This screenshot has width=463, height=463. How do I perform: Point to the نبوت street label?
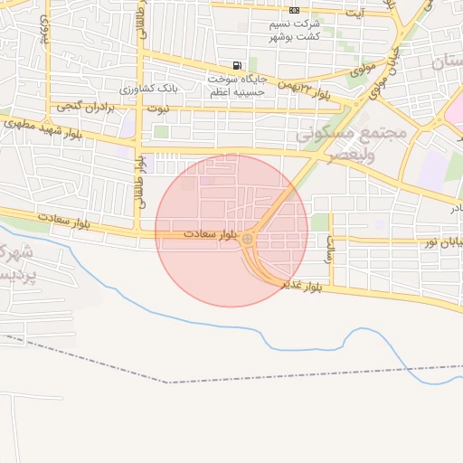(x=158, y=109)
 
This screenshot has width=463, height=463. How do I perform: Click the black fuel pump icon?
(x=237, y=65)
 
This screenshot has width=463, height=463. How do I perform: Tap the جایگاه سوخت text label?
(x=236, y=79)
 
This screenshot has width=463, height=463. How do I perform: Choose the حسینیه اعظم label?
(x=236, y=91)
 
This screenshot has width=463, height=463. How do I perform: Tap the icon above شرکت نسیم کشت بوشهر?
(x=294, y=10)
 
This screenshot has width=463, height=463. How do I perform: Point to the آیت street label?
(x=358, y=13)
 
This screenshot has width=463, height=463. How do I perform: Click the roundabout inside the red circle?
(x=248, y=240)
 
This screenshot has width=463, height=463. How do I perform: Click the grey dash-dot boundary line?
(x=271, y=375)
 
